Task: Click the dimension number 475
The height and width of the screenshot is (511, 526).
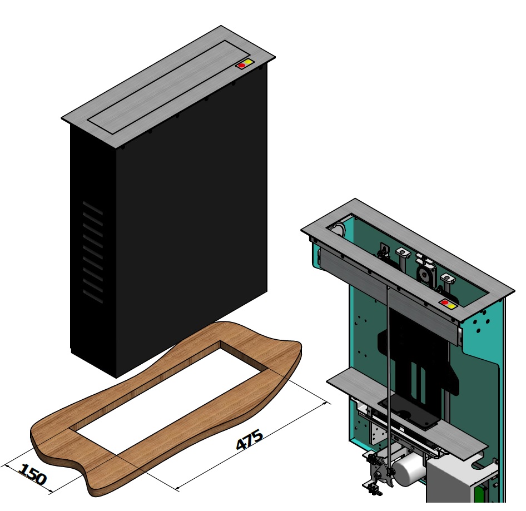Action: [250, 439]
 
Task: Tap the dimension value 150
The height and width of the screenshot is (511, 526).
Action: [33, 474]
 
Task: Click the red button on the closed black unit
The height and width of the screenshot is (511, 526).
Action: [241, 65]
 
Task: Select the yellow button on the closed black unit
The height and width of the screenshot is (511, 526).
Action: [248, 62]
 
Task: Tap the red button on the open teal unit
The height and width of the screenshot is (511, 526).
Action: [445, 302]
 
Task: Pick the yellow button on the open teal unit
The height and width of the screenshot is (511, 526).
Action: [451, 306]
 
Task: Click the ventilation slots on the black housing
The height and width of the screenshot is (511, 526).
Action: [93, 252]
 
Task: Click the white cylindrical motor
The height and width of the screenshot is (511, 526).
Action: [409, 472]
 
